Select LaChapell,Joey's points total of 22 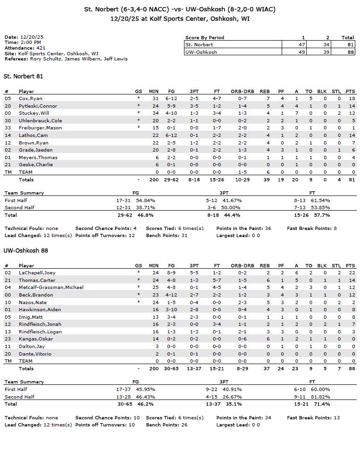click(351, 273)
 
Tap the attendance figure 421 click(40, 48)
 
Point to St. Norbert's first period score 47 click(303, 45)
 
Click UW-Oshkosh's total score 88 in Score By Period click(348, 52)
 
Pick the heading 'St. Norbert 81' click(24, 76)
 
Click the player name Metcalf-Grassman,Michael click(50, 288)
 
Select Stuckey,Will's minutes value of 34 click(154, 113)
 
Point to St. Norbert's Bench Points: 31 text click(167, 236)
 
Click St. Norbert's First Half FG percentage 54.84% click(145, 201)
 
